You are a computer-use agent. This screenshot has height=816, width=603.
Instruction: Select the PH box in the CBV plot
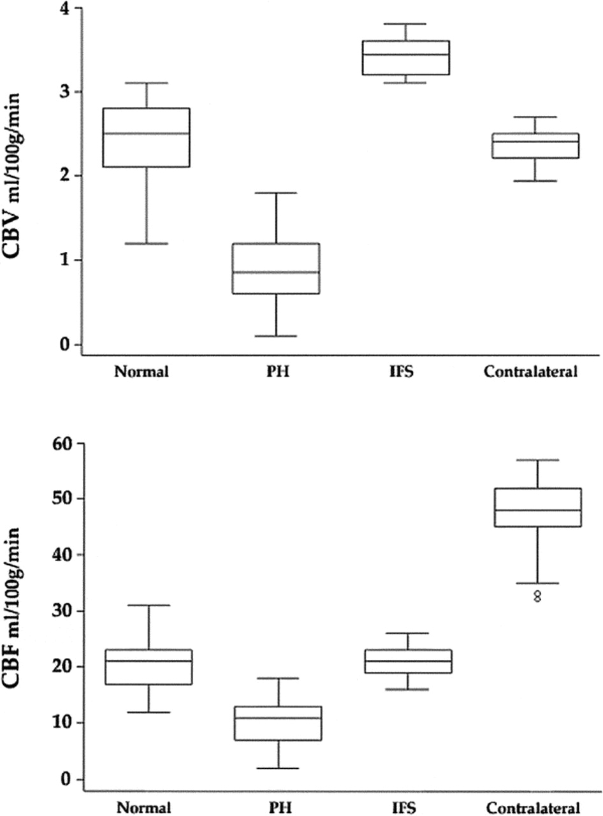(276, 268)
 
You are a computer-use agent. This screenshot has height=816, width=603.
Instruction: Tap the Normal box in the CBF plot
(148, 667)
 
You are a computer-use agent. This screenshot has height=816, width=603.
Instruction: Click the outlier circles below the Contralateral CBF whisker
(537, 596)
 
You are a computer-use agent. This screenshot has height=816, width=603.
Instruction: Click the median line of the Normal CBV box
(147, 133)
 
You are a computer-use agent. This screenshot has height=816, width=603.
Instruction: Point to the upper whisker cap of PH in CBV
(276, 193)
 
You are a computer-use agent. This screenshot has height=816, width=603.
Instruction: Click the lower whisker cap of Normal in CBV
(147, 244)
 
